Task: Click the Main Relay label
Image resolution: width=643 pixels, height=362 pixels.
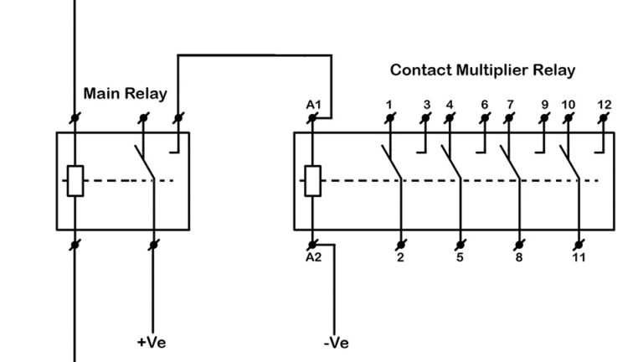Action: pyautogui.click(x=125, y=93)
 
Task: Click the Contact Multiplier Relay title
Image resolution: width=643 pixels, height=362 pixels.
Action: pyautogui.click(x=482, y=70)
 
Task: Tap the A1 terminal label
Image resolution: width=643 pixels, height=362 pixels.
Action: pyautogui.click(x=313, y=105)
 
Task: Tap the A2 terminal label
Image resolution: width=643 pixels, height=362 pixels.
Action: pyautogui.click(x=313, y=257)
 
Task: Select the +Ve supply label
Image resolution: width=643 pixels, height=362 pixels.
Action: pyautogui.click(x=152, y=342)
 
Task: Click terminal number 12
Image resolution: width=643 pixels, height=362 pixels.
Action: pyautogui.click(x=604, y=105)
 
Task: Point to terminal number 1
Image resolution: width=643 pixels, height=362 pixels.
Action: pyautogui.click(x=389, y=105)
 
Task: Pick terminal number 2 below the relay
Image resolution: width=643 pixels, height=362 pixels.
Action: pyautogui.click(x=400, y=257)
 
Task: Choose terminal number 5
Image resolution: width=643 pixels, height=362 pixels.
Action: pyautogui.click(x=460, y=257)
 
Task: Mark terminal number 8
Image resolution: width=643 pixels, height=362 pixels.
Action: pyautogui.click(x=519, y=257)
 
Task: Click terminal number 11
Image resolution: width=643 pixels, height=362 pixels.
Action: pyautogui.click(x=579, y=257)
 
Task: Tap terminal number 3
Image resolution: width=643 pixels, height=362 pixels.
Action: pyautogui.click(x=426, y=105)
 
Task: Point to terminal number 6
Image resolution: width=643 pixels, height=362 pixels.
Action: pyautogui.click(x=485, y=105)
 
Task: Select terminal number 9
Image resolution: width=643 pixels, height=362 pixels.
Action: pyautogui.click(x=544, y=105)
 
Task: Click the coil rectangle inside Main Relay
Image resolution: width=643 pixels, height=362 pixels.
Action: pyautogui.click(x=75, y=180)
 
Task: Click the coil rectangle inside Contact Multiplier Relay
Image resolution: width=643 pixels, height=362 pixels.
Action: pyautogui.click(x=312, y=180)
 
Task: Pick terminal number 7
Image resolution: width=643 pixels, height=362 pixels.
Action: pyautogui.click(x=509, y=105)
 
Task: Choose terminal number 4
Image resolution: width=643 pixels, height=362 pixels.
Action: pyautogui.click(x=450, y=105)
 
